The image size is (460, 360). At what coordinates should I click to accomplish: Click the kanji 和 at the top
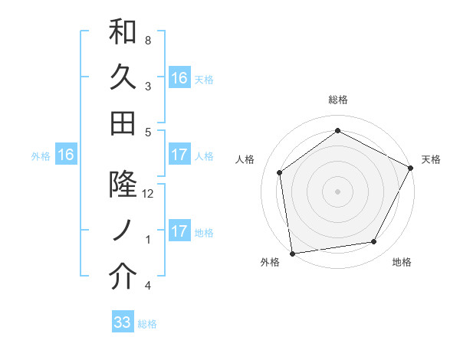pyautogui.click(x=123, y=34)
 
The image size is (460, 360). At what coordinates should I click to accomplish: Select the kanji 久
pyautogui.click(x=123, y=77)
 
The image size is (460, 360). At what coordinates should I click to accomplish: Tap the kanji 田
pyautogui.click(x=123, y=122)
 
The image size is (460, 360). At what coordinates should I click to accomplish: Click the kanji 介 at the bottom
pyautogui.click(x=123, y=277)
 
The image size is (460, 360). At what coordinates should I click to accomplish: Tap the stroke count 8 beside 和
pyautogui.click(x=148, y=39)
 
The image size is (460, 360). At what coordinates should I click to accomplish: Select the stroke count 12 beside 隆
pyautogui.click(x=149, y=194)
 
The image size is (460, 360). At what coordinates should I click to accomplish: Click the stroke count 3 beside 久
pyautogui.click(x=148, y=86)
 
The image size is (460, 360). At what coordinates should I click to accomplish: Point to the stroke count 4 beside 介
pyautogui.click(x=148, y=286)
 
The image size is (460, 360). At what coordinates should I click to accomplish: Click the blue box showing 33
pyautogui.click(x=123, y=322)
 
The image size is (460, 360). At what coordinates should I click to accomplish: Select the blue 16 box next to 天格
pyautogui.click(x=179, y=77)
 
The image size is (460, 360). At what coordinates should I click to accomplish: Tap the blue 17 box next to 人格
pyautogui.click(x=179, y=155)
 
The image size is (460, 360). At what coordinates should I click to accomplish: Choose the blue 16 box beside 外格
pyautogui.click(x=66, y=155)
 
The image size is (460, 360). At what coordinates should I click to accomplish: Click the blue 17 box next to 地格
pyautogui.click(x=179, y=232)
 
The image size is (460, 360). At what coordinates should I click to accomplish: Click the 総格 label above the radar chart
pyautogui.click(x=338, y=100)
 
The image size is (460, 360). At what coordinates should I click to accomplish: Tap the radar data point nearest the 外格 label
pyautogui.click(x=292, y=253)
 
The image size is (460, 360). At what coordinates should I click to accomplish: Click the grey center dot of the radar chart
pyautogui.click(x=338, y=191)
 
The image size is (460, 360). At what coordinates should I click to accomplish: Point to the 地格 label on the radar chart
pyautogui.click(x=402, y=263)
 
